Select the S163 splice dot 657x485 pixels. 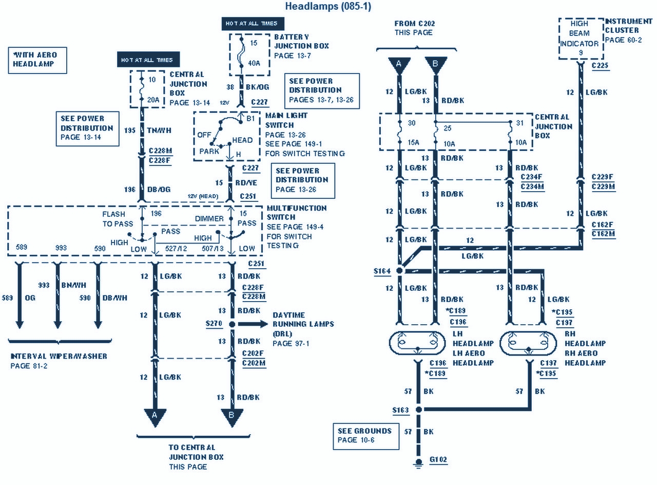(418, 409)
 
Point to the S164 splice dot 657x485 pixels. (400, 270)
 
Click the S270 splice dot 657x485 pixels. (231, 324)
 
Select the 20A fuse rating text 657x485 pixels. (153, 100)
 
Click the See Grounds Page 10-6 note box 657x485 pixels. (364, 435)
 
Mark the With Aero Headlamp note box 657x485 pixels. (37, 60)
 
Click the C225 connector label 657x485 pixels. (600, 66)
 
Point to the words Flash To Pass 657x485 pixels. (118, 219)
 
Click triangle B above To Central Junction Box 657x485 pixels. (231, 416)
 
